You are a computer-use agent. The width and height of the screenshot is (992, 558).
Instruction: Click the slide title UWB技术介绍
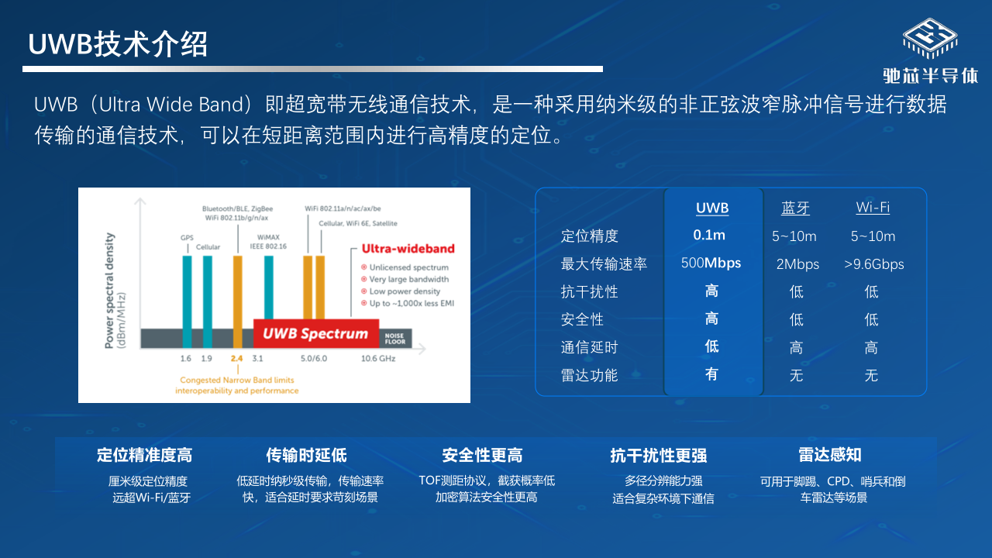pyautogui.click(x=118, y=44)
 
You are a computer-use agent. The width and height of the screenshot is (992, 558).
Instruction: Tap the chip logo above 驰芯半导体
pyautogui.click(x=930, y=39)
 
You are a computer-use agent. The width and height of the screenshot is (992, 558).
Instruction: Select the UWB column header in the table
pyautogui.click(x=712, y=208)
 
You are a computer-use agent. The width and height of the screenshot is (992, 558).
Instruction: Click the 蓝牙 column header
pyautogui.click(x=795, y=208)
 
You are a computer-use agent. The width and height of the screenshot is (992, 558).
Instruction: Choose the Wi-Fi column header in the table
pyautogui.click(x=873, y=207)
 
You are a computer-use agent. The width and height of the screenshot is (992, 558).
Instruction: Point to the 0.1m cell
pyautogui.click(x=709, y=235)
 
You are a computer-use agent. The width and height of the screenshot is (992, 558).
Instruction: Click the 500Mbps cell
pyautogui.click(x=711, y=263)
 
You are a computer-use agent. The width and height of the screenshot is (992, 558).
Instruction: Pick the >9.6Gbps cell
pyautogui.click(x=873, y=264)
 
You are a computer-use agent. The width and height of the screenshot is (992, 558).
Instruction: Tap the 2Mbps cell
pyautogui.click(x=797, y=264)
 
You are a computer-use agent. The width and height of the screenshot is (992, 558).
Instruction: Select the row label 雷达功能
pyautogui.click(x=589, y=375)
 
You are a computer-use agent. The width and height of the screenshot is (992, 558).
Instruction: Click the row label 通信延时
pyautogui.click(x=589, y=347)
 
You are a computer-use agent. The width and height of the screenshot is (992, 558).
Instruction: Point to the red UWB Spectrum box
pyautogui.click(x=316, y=333)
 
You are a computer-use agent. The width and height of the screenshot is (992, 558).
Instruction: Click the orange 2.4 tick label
pyautogui.click(x=237, y=358)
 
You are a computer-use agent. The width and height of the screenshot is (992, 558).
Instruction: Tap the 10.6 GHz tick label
pyautogui.click(x=378, y=358)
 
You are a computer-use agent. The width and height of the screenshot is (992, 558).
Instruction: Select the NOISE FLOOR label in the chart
pyautogui.click(x=395, y=339)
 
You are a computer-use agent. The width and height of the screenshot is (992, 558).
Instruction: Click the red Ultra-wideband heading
pyautogui.click(x=408, y=249)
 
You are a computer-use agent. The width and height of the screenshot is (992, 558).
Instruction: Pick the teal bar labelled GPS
pyautogui.click(x=188, y=301)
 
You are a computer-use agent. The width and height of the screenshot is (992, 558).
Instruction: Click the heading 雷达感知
pyautogui.click(x=830, y=455)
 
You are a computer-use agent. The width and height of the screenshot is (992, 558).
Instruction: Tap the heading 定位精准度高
pyautogui.click(x=144, y=455)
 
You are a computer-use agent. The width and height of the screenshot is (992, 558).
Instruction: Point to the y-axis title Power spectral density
pyautogui.click(x=109, y=291)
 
